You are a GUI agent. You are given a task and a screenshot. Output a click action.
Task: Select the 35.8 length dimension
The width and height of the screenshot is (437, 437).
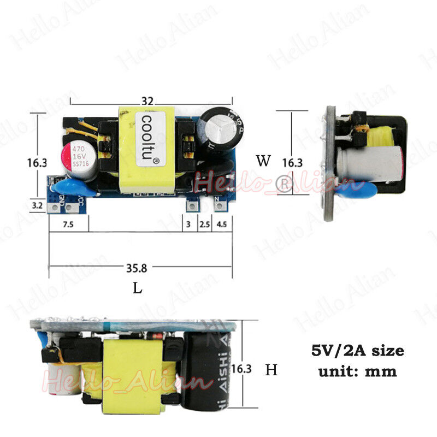(x=137, y=268)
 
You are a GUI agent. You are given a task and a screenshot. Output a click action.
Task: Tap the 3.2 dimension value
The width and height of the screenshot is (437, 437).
(x=37, y=205)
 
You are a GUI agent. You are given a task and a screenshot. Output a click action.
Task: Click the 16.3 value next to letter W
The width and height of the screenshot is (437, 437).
(x=292, y=162)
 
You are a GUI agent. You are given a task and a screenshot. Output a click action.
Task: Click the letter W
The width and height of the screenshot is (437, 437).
(x=263, y=161)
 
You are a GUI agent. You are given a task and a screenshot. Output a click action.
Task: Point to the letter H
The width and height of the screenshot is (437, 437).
(x=271, y=370)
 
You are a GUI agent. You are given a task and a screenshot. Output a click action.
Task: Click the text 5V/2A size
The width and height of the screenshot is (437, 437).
(x=357, y=351)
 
